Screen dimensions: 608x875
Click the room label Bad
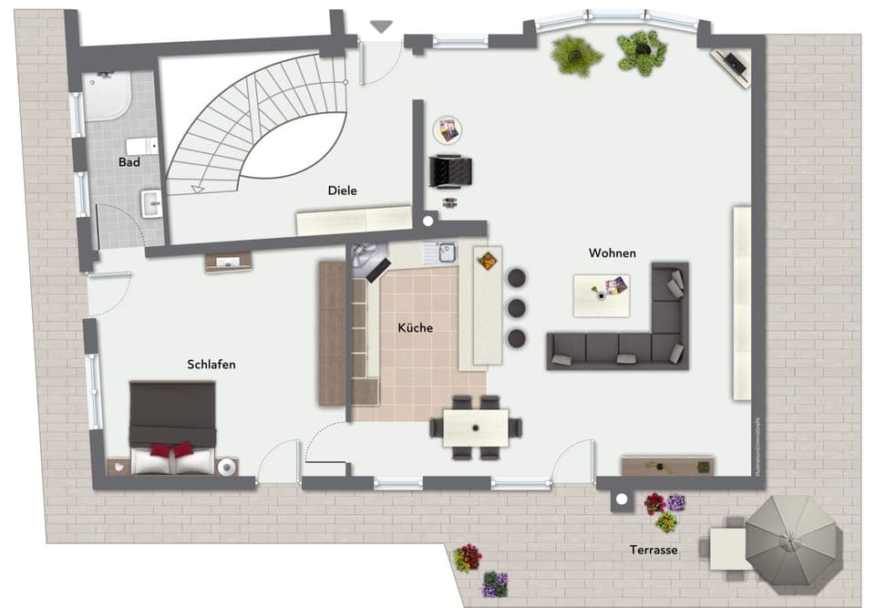[x=129, y=162]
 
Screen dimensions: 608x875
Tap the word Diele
[x=342, y=191]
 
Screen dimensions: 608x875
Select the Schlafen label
[x=211, y=365]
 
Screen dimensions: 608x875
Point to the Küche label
[x=415, y=328]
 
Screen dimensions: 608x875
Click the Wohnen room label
[x=612, y=252]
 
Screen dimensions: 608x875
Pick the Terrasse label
[x=654, y=551]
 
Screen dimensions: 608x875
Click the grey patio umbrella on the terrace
[x=792, y=541]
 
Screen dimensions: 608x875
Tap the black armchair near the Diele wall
[x=450, y=170]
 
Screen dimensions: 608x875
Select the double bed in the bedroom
[x=172, y=427]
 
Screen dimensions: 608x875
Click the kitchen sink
[x=445, y=252]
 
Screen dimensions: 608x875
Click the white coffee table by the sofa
[x=602, y=294]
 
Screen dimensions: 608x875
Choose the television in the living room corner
[x=735, y=64]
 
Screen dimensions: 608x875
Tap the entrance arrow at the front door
[x=381, y=27]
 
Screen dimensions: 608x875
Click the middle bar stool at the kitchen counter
[x=517, y=307]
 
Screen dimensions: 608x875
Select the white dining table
[x=475, y=427]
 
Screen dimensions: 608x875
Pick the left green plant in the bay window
[x=576, y=55]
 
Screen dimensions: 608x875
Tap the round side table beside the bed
[x=227, y=467]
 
